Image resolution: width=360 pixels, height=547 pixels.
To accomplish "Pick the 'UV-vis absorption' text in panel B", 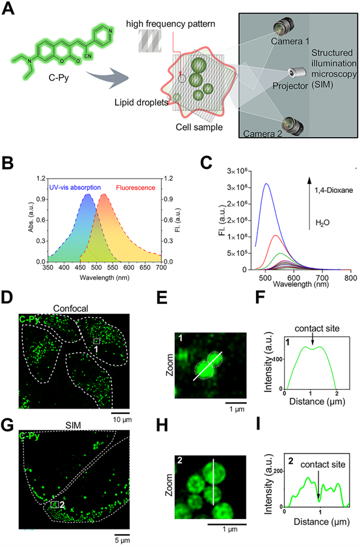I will (75, 188).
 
